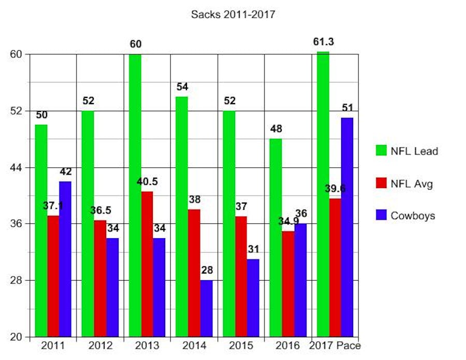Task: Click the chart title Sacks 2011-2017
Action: (233, 15)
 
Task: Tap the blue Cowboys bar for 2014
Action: (206, 308)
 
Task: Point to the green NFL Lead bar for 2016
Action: (275, 238)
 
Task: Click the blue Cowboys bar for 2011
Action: (65, 259)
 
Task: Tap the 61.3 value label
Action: (324, 41)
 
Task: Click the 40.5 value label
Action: (147, 182)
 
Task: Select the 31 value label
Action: (253, 249)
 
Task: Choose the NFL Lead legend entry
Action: (406, 151)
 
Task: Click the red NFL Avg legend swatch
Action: (382, 183)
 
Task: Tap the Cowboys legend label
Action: (412, 215)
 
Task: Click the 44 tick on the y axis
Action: (17, 167)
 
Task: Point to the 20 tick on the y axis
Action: (17, 337)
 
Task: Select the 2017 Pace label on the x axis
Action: (335, 345)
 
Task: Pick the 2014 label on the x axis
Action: (194, 345)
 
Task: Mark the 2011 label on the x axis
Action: (53, 345)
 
